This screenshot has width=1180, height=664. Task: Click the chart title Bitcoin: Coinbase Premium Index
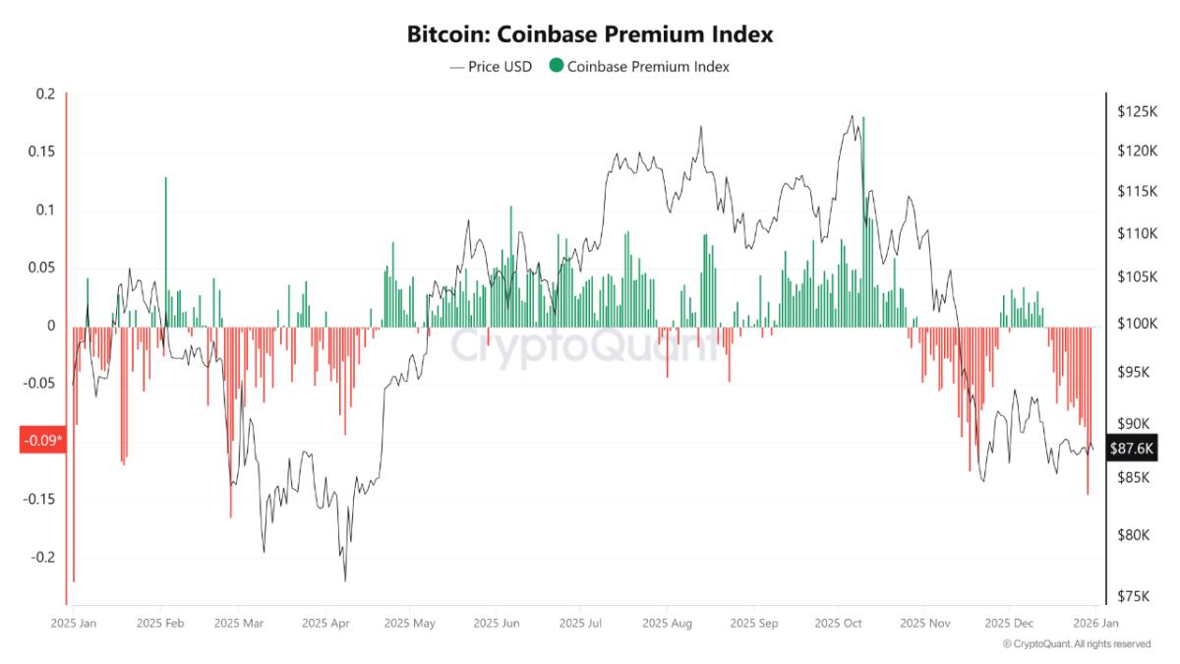(590, 34)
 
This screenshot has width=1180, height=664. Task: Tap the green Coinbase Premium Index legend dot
(557, 66)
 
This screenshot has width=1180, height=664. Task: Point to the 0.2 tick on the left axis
(45, 94)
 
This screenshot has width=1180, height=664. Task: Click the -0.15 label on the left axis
(39, 499)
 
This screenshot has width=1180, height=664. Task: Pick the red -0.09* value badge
(42, 440)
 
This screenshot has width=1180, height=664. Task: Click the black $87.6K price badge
(1130, 448)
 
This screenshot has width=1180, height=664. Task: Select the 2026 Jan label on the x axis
(1093, 623)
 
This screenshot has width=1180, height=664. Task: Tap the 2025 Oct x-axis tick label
(838, 623)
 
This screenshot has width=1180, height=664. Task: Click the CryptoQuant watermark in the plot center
(586, 346)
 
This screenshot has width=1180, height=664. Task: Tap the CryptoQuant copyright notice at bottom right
(1076, 644)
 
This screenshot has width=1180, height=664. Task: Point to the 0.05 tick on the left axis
(42, 268)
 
